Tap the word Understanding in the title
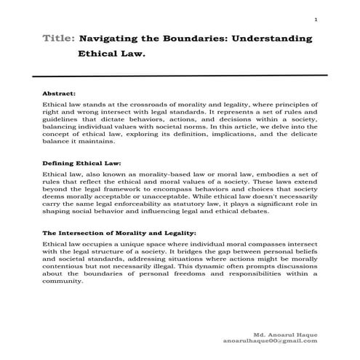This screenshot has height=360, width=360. (x=274, y=38)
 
